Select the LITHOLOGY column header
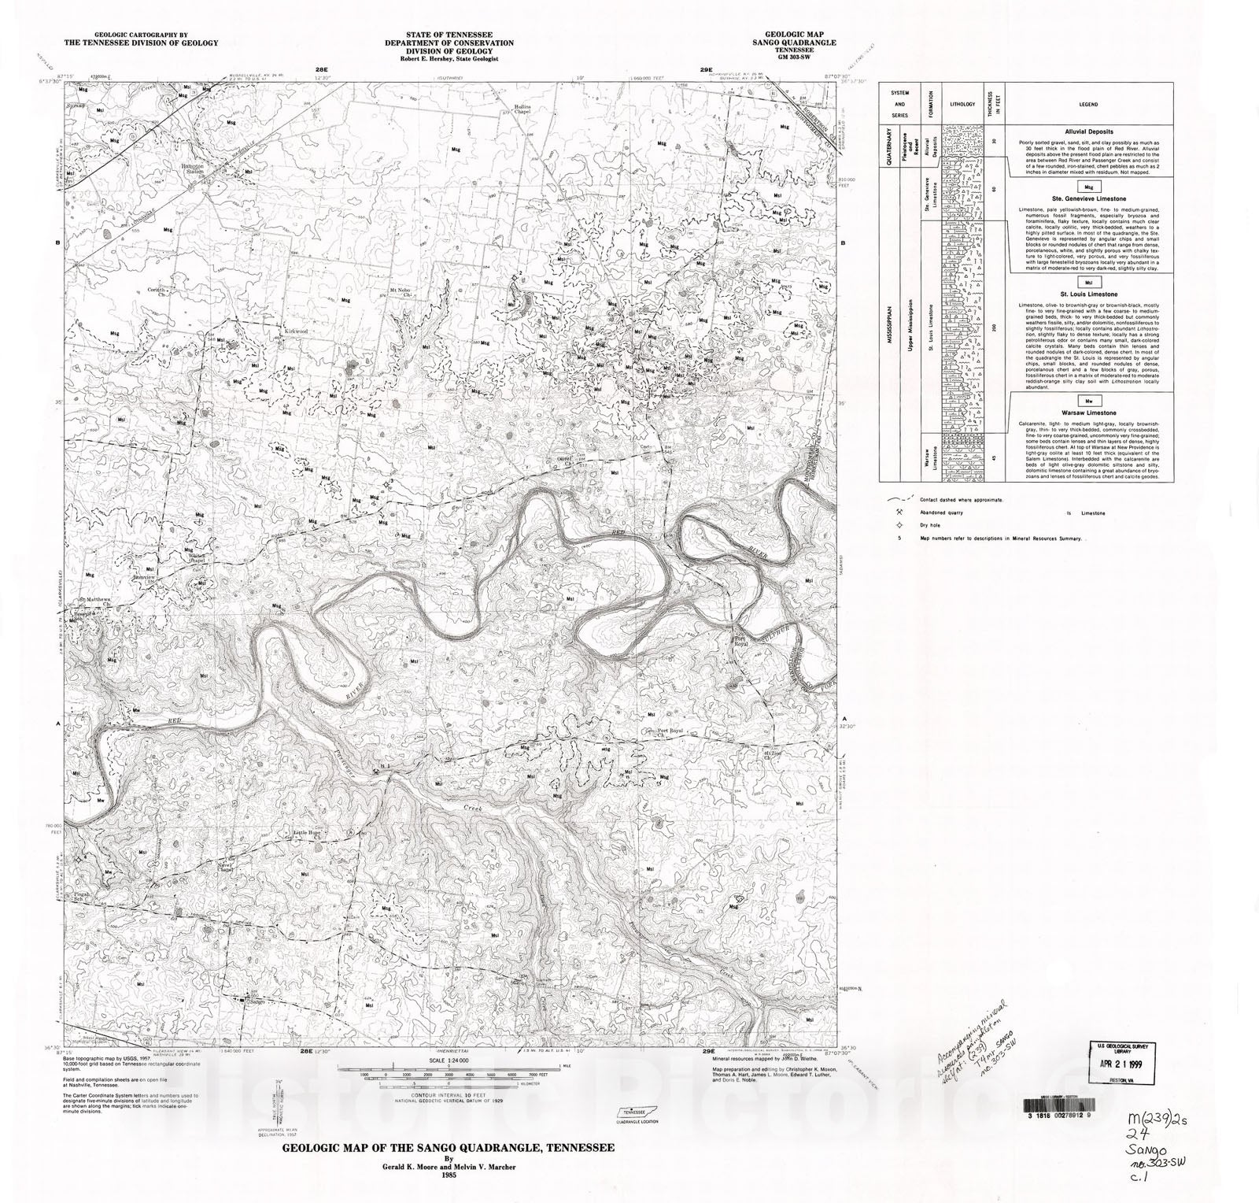(x=962, y=104)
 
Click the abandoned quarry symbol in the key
(x=899, y=513)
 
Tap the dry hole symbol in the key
(x=899, y=526)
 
